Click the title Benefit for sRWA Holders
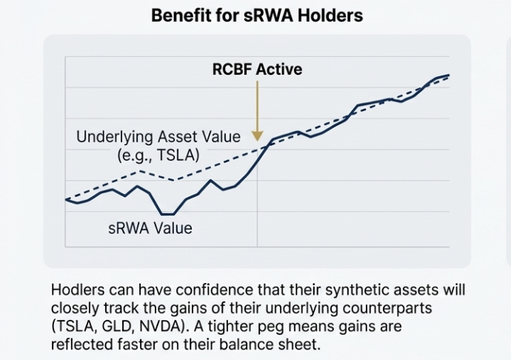(257, 15)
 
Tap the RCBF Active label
(257, 70)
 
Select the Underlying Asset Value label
(158, 137)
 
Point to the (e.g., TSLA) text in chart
(158, 155)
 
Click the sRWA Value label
(150, 228)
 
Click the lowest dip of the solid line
(167, 214)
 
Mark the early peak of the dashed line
(140, 171)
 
